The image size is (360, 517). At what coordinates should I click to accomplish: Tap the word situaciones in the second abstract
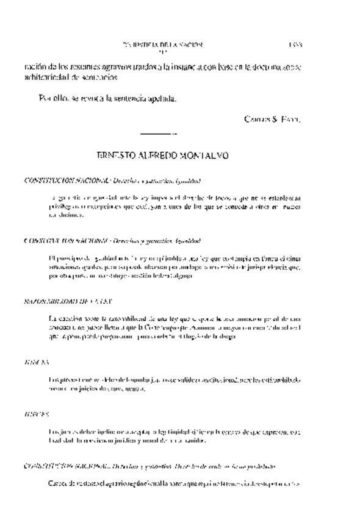click(x=65, y=267)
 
